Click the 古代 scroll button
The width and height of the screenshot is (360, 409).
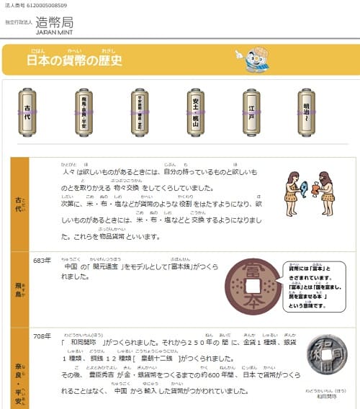[28, 112]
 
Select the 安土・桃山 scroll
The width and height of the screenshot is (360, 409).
[195, 112]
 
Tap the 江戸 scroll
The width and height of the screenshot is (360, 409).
[251, 112]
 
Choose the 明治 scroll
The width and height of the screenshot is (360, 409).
[307, 112]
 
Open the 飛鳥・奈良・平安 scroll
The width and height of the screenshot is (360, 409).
[84, 112]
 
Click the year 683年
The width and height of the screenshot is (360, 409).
[42, 260]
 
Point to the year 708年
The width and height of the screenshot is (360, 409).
[42, 335]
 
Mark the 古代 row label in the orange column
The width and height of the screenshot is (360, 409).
[20, 204]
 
